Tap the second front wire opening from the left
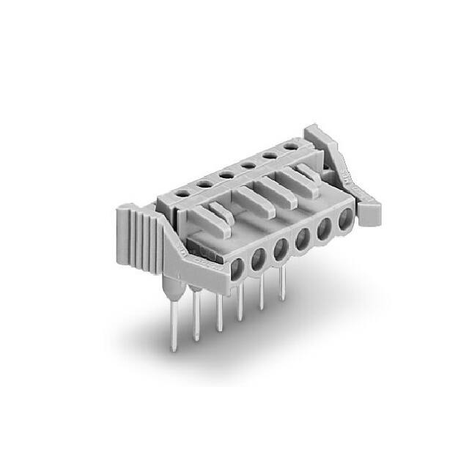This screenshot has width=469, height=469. coord(259,258)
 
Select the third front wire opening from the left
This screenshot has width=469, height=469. coord(281,248)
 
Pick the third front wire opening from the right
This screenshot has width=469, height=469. coord(302,238)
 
